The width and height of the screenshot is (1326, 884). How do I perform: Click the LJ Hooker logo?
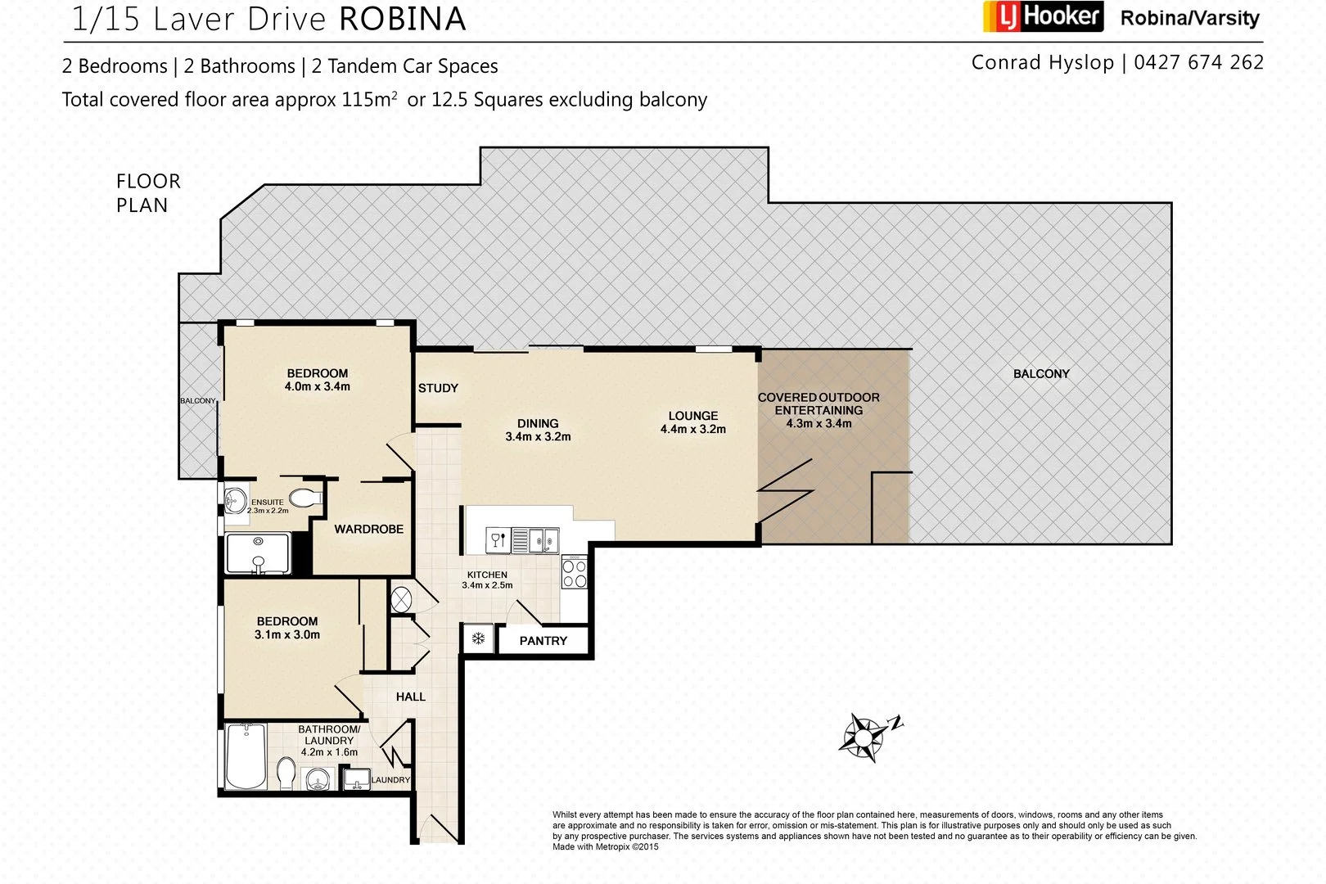coord(1042,16)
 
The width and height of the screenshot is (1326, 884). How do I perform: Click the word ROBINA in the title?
coord(402,20)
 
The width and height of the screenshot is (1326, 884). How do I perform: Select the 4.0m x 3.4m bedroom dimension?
coord(317,386)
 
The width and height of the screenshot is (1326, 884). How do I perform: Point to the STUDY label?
coord(438,388)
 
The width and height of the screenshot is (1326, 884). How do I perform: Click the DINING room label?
coord(538,423)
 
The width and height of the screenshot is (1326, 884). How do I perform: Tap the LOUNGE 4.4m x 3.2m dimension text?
coord(692,429)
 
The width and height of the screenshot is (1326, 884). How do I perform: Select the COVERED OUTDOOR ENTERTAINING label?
coord(819,404)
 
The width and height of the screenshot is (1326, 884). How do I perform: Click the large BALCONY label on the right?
coord(1041,374)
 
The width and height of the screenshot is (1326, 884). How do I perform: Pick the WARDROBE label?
coord(368,530)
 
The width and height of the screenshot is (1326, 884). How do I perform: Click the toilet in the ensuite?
coord(304,497)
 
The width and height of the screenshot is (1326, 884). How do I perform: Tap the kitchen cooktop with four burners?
coord(575,573)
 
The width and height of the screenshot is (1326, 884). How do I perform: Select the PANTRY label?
coord(543,641)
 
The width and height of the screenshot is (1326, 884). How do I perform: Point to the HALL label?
coord(410,697)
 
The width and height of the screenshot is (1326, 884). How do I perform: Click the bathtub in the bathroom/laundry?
coord(245,755)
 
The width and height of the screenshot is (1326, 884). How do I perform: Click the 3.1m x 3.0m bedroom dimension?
coord(286,634)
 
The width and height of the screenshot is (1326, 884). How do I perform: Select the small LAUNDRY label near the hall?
coord(390,780)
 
